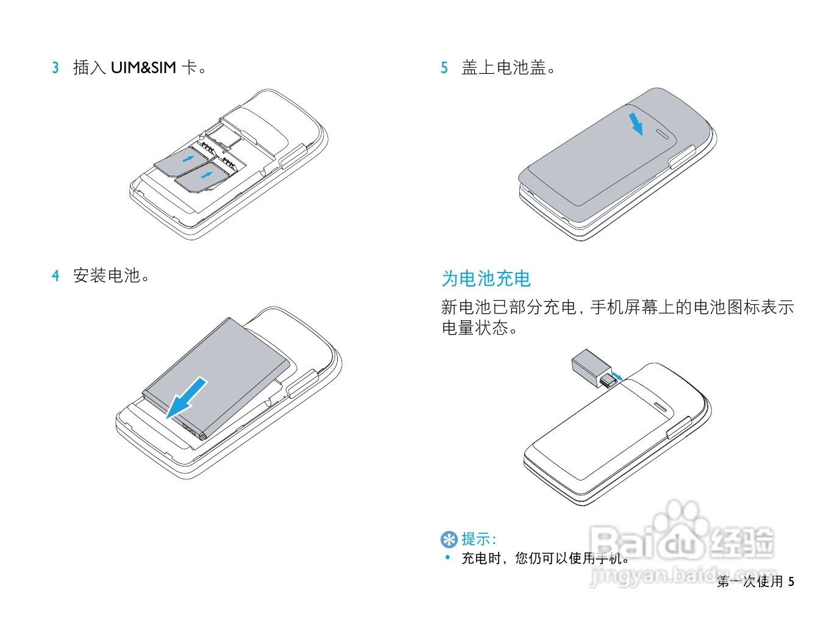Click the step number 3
tap(55, 68)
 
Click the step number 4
tap(55, 275)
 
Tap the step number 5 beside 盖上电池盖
tap(444, 68)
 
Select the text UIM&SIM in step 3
tap(143, 68)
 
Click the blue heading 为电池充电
tap(486, 279)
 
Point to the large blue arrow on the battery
tap(187, 398)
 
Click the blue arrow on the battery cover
tap(636, 124)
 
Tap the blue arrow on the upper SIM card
tap(188, 159)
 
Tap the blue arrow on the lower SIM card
tap(207, 175)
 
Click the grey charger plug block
tap(591, 368)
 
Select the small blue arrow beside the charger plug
tap(617, 376)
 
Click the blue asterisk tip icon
tap(449, 540)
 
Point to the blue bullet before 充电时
tap(448, 557)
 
